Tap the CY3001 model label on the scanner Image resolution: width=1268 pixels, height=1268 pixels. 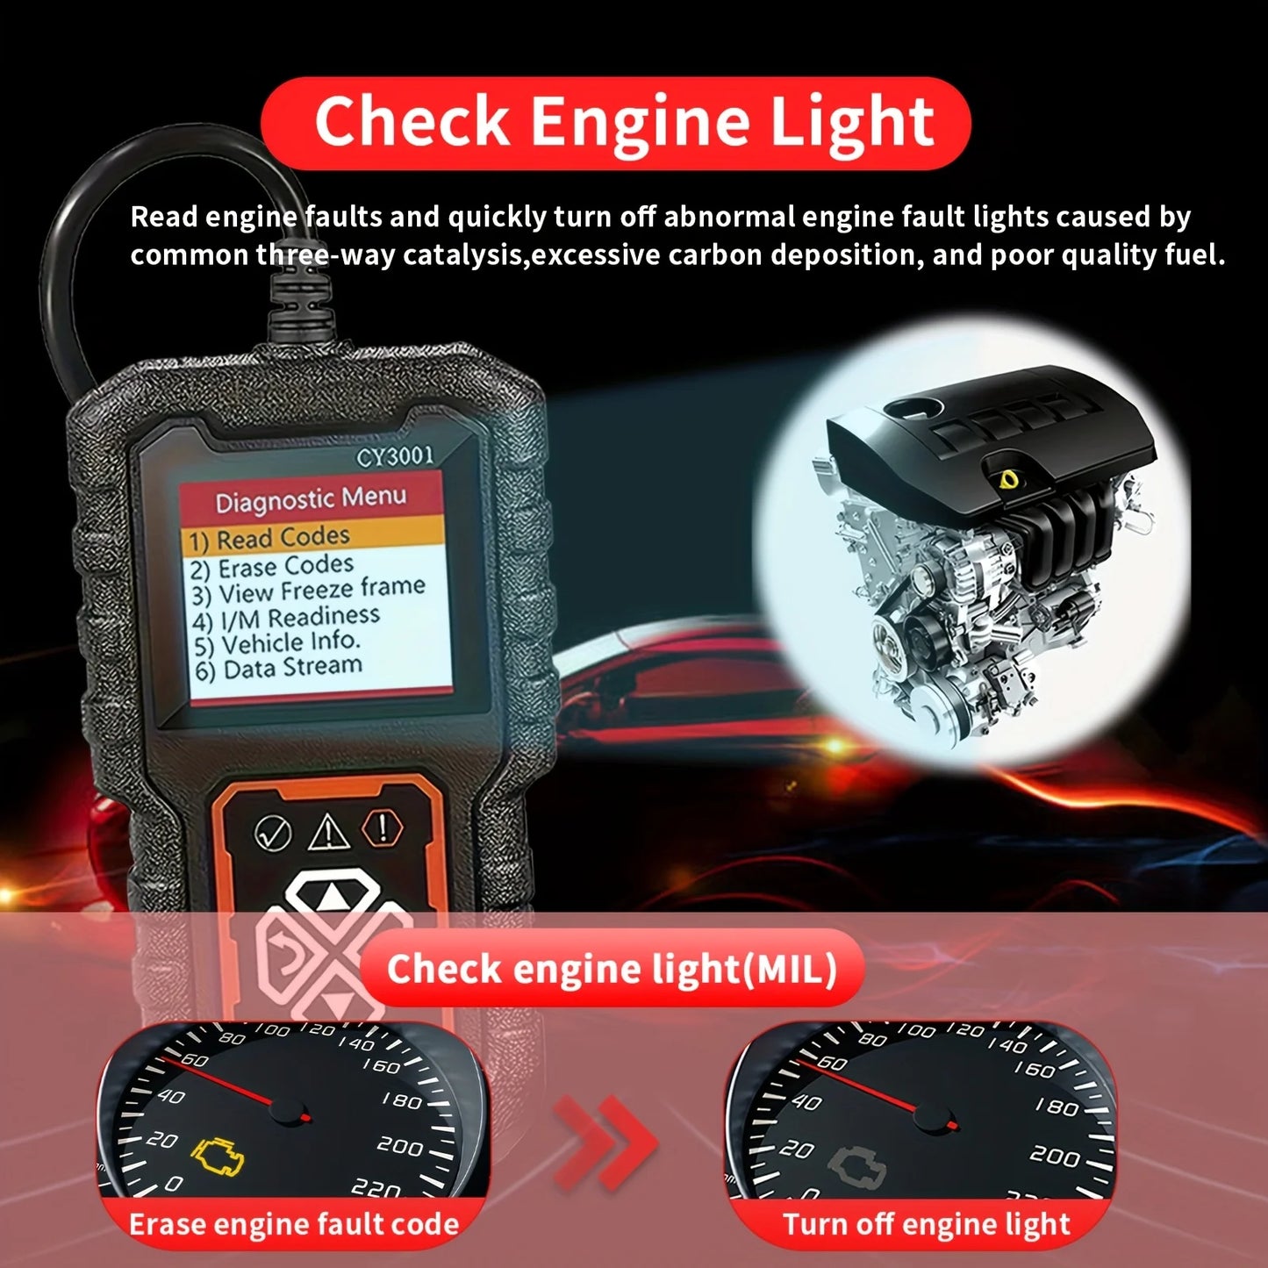pos(395,456)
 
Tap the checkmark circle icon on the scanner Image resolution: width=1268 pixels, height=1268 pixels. pos(273,833)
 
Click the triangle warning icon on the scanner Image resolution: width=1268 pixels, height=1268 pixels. pos(328,833)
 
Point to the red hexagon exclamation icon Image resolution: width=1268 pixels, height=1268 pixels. pos(383,827)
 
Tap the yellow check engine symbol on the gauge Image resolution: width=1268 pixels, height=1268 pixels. pos(218,1156)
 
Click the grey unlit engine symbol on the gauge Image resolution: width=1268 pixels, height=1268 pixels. pos(856,1164)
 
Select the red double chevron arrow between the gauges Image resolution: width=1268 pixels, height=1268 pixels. pos(605,1142)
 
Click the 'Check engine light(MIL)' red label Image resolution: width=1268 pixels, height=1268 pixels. pos(612,969)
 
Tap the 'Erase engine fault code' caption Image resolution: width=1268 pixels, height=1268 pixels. pos(293,1224)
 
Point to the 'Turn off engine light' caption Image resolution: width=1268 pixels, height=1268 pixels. pos(926,1224)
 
